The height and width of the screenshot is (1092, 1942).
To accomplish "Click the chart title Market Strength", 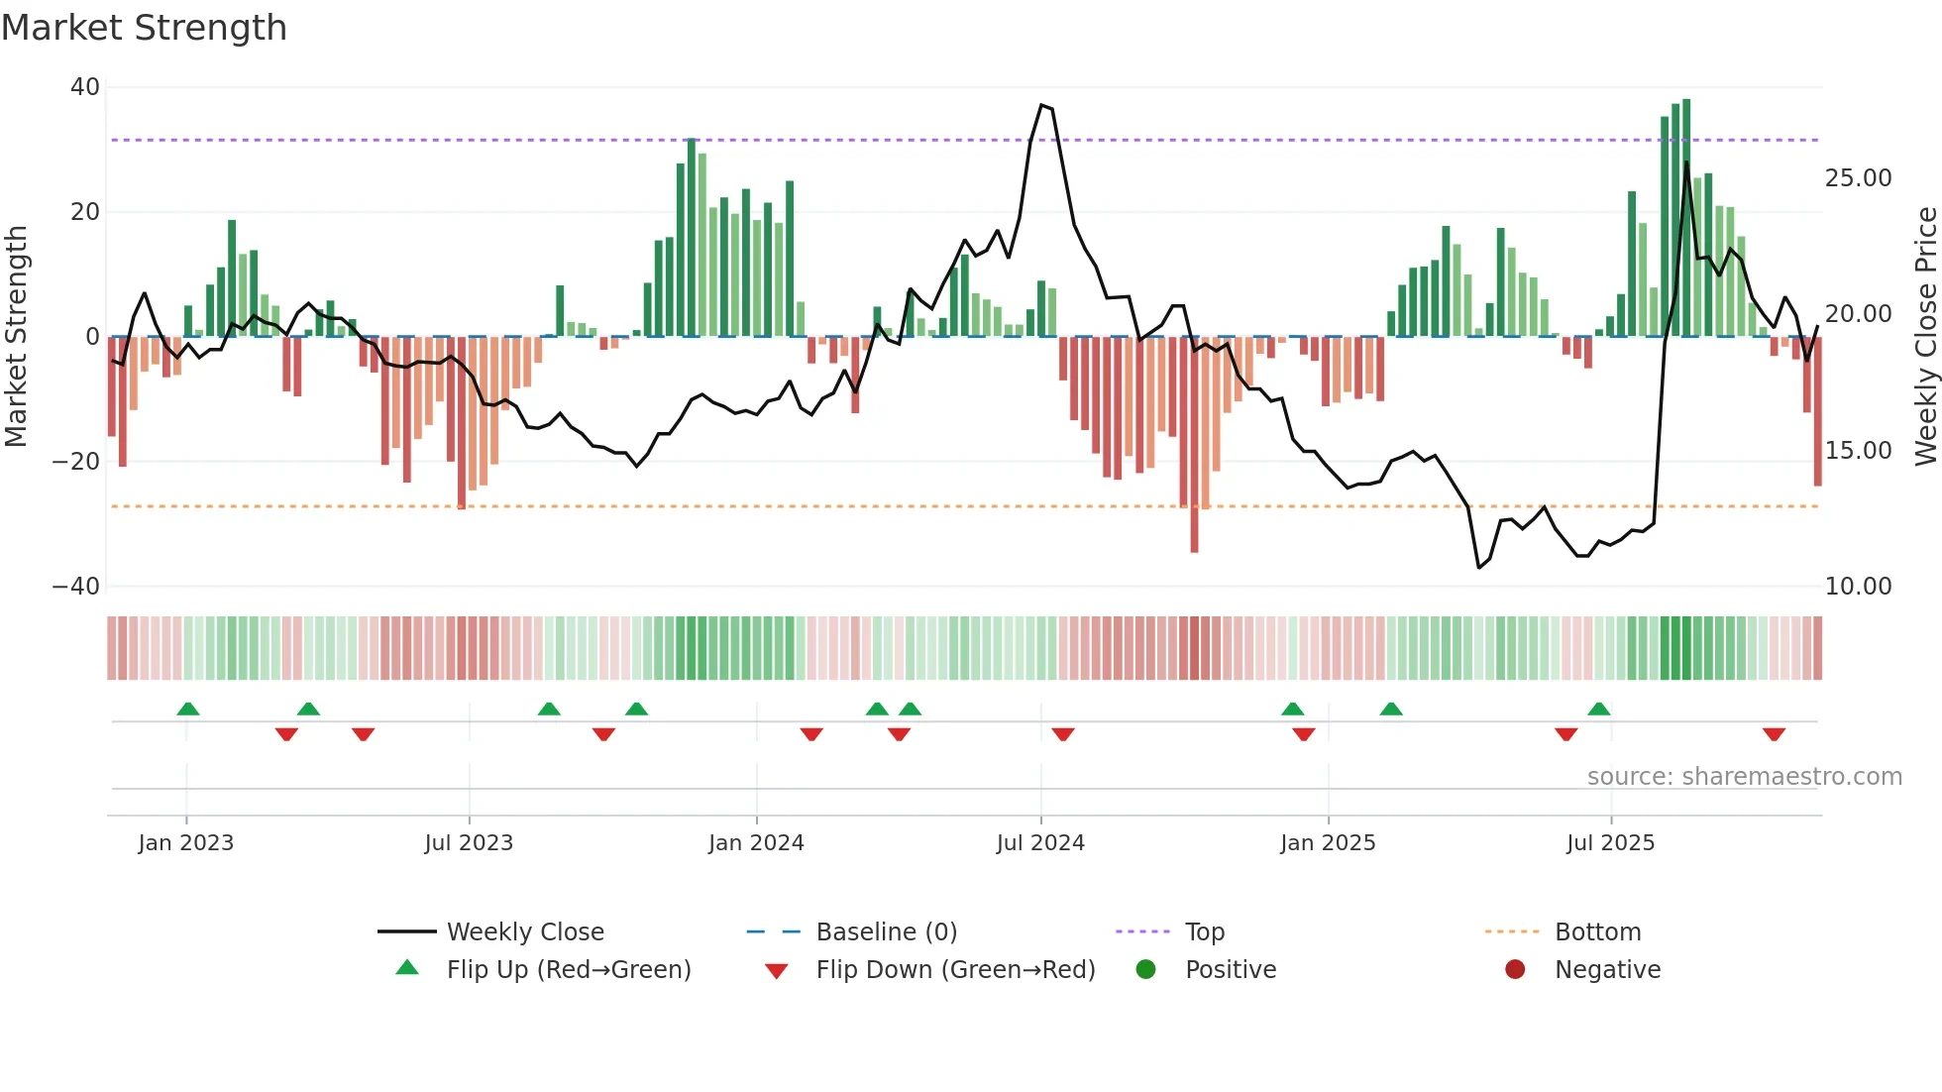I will click(145, 28).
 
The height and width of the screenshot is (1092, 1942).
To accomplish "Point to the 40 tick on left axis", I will click(85, 87).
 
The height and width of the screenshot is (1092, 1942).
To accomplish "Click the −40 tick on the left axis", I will click(76, 587).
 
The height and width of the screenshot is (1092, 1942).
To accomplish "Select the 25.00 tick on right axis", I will click(1858, 178).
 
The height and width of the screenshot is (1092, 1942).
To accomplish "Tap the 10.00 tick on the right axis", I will click(1858, 587).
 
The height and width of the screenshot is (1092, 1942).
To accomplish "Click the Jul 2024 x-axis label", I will click(1040, 843).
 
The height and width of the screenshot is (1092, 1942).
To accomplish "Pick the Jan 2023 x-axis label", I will click(186, 843).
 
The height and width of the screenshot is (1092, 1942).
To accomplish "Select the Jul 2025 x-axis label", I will click(1610, 843).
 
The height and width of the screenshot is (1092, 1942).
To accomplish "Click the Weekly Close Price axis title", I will click(1925, 337).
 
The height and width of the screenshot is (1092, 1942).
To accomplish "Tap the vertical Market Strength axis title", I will click(17, 337).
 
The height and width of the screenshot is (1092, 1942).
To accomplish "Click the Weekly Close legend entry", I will click(524, 932).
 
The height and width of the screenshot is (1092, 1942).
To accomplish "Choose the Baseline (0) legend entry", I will click(886, 932).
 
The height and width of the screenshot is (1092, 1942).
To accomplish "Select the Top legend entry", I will click(1204, 932).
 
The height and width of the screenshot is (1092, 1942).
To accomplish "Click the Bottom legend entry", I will click(1597, 932).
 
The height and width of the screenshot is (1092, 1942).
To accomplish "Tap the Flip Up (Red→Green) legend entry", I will click(568, 970).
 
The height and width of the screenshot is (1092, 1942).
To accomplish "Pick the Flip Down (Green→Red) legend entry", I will click(955, 970).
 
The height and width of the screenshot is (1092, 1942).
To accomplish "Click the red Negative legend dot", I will click(1515, 970).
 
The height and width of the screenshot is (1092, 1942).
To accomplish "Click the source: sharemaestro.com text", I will click(1744, 777).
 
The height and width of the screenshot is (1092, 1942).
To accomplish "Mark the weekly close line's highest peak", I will click(1041, 105).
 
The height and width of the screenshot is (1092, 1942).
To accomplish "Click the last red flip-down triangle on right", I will click(1774, 734).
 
